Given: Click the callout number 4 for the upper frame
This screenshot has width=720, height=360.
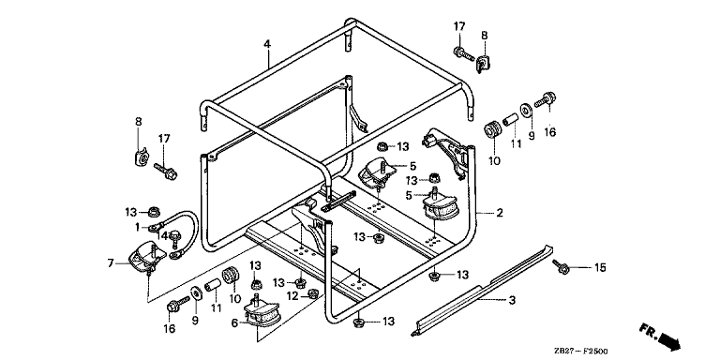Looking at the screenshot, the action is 267,44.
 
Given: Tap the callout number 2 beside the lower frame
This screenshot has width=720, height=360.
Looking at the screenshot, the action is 499,213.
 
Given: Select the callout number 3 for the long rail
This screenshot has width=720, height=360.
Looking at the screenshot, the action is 512,301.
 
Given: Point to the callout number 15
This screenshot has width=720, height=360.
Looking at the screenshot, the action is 600,267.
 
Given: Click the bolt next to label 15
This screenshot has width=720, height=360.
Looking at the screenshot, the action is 561,266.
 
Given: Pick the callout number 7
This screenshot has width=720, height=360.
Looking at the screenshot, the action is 111,263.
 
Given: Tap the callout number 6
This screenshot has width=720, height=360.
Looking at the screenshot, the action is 234,323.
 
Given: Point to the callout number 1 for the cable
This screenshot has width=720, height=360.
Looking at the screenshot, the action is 137,226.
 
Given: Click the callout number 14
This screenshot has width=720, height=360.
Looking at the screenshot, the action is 161,235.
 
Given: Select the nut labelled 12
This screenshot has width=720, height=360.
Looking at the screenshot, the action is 312,292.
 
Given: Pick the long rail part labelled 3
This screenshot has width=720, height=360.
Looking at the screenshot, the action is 481,290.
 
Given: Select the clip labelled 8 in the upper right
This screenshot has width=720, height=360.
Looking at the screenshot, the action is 482,64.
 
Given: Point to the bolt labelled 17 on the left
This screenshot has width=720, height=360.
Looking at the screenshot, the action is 166,171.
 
